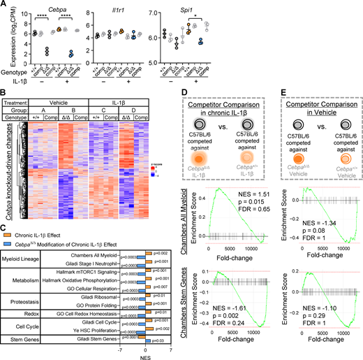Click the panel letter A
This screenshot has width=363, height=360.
[x=4, y=5]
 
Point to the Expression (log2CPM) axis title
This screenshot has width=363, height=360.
[x=6, y=42]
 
